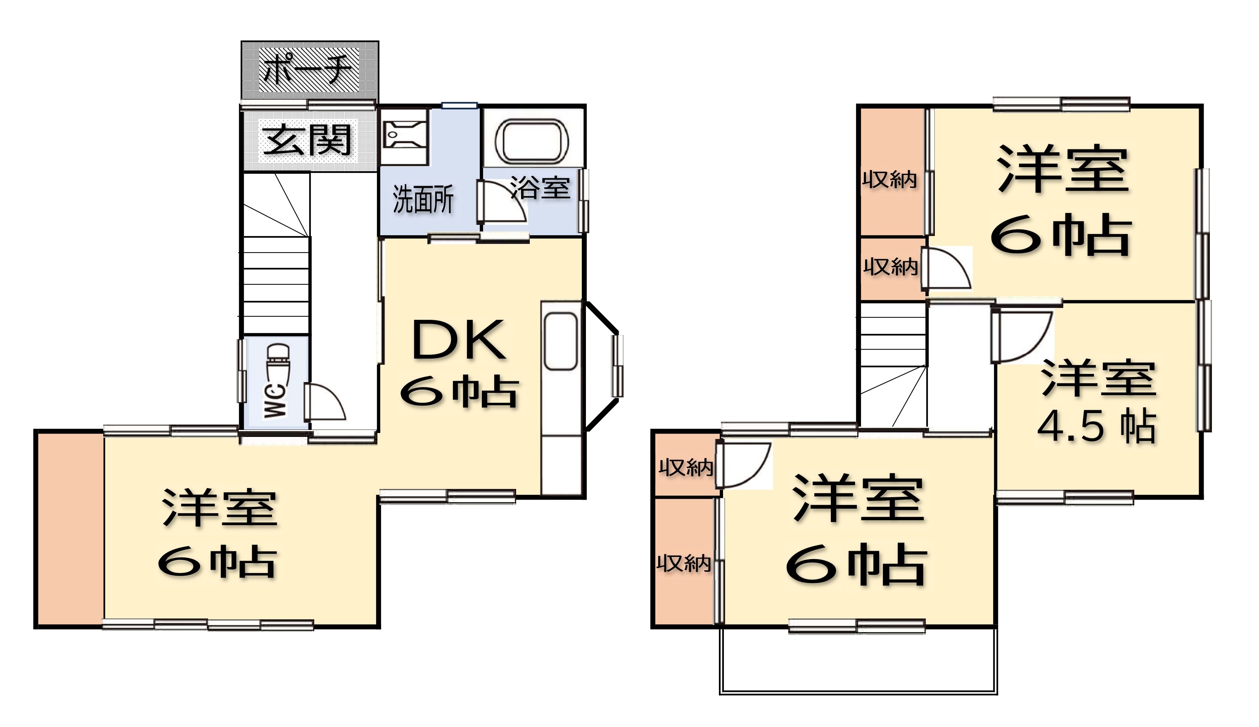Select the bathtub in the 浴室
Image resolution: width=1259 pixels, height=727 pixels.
(x=532, y=141)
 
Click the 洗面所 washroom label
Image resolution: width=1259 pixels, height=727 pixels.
(x=423, y=199)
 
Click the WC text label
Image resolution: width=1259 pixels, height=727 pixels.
(x=276, y=401)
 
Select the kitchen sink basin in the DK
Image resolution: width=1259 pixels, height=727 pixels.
(x=561, y=341)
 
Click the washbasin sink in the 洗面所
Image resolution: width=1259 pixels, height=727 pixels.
(x=404, y=135)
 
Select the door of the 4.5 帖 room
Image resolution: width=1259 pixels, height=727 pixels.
(x=1022, y=337)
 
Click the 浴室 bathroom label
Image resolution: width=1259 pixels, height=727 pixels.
(x=540, y=188)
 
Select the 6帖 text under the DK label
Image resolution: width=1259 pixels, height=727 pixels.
(x=459, y=392)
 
